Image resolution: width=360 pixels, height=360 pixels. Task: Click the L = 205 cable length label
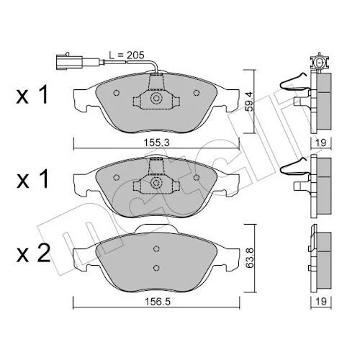click(x=127, y=55)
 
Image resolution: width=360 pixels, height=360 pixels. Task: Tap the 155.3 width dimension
click(x=156, y=143)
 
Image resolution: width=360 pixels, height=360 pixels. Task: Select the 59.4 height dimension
click(x=250, y=102)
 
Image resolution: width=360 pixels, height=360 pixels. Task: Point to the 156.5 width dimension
click(x=158, y=302)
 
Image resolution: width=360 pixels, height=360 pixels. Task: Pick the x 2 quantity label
click(x=33, y=253)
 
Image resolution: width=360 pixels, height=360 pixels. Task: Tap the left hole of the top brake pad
click(x=117, y=93)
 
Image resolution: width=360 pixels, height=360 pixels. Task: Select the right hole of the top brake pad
click(x=197, y=93)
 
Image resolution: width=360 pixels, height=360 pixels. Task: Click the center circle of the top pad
click(x=156, y=99)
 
